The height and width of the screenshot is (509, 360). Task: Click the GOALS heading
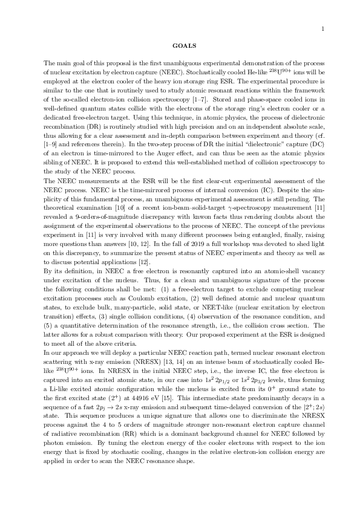pyautogui.click(x=180, y=45)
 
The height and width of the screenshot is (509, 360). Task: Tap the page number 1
pyautogui.click(x=323, y=28)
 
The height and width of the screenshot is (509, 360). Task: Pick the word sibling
pyautogui.click(x=55, y=157)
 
